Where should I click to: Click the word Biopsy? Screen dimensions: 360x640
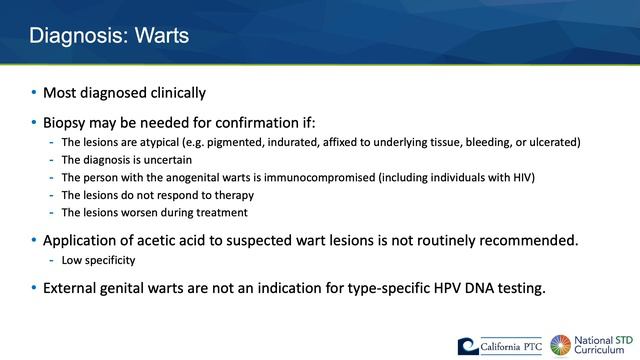click(66, 123)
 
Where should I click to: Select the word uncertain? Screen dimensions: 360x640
click(166, 159)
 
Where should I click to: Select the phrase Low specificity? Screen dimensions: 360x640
click(99, 260)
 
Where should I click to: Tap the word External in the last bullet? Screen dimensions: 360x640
click(72, 289)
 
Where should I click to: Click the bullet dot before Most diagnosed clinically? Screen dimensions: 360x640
click(33, 93)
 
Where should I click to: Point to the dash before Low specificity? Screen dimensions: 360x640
click(51, 260)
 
